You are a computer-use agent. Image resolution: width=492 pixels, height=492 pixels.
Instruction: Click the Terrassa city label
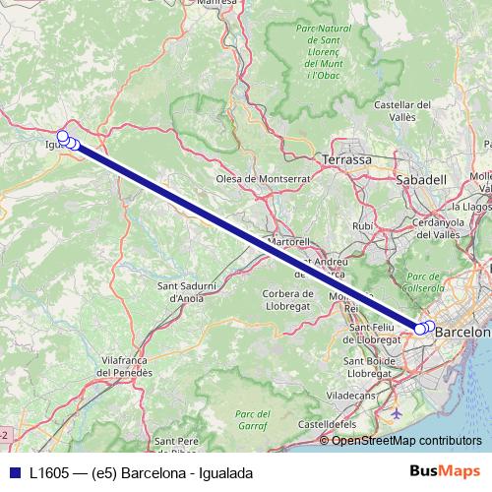pyautogui.click(x=346, y=159)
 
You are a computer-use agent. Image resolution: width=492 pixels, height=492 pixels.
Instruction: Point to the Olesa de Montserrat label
pyautogui.click(x=263, y=179)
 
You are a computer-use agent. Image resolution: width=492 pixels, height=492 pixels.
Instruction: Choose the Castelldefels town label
pyautogui.click(x=329, y=423)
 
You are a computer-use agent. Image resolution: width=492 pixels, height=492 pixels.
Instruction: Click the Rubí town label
pyautogui.click(x=362, y=225)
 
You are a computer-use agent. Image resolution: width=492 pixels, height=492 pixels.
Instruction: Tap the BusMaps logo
pyautogui.click(x=444, y=472)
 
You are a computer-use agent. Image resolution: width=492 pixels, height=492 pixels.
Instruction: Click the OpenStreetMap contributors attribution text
pyautogui.click(x=406, y=440)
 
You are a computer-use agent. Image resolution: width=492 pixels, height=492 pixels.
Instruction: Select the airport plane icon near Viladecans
pyautogui.click(x=396, y=412)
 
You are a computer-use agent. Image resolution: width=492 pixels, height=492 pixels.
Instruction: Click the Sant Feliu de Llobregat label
pyautogui.click(x=372, y=333)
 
